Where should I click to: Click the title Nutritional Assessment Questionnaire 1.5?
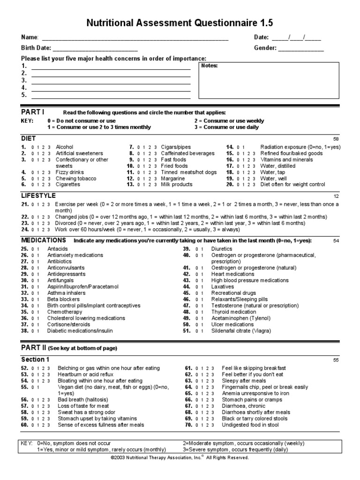pyautogui.click(x=180, y=23)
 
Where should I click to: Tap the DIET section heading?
pyautogui.click(x=28, y=139)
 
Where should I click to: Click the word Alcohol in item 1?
pyautogui.click(x=65, y=147)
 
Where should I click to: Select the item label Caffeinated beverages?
pyautogui.click(x=187, y=153)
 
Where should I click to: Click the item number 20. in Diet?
pyautogui.click(x=230, y=185)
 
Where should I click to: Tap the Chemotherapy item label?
pyautogui.click(x=65, y=312)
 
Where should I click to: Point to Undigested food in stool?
pyautogui.click(x=250, y=425)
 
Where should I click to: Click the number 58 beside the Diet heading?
pyautogui.click(x=336, y=139)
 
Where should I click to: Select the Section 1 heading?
pyautogui.click(x=35, y=360)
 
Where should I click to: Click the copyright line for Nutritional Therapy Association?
pyautogui.click(x=180, y=457)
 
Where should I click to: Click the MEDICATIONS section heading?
pyautogui.click(x=43, y=240)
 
